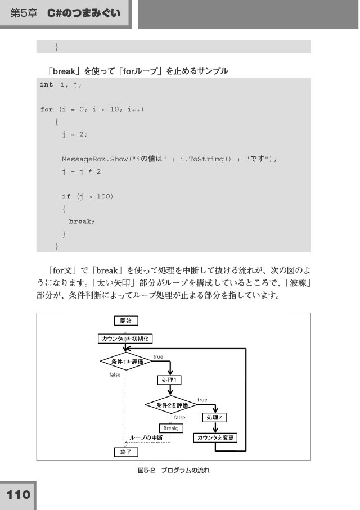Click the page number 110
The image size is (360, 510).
[x=18, y=495]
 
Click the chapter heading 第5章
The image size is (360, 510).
[x=24, y=13]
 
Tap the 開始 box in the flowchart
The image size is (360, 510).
[x=126, y=321]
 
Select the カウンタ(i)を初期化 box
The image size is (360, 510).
[x=125, y=339]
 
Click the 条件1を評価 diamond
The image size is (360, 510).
[x=127, y=362]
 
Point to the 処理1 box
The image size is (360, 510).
[x=169, y=380]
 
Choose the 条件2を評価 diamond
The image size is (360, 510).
[x=171, y=405]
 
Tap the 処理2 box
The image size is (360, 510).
[x=214, y=417]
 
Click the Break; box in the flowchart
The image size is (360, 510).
[x=171, y=428]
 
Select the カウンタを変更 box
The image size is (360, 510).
[x=215, y=437]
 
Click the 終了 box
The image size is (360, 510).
[x=126, y=452]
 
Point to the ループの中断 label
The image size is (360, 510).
[x=146, y=438]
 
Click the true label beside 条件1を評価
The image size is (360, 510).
[x=158, y=357]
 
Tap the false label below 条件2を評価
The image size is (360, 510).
[x=179, y=418]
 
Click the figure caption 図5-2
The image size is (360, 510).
[x=146, y=470]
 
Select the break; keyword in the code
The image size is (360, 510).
[x=82, y=222]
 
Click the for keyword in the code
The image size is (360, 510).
[x=47, y=109]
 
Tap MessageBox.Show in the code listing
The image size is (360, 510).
[x=94, y=159]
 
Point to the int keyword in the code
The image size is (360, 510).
[x=47, y=84]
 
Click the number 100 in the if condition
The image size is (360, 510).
[x=103, y=196]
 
